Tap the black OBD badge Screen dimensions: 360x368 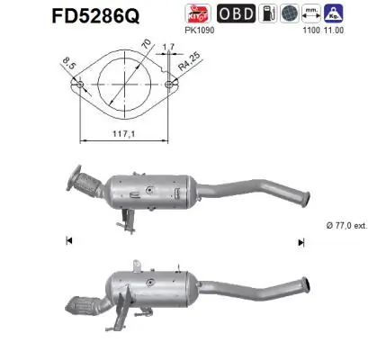coord(237,13)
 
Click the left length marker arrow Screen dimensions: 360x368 coord(69,240)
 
